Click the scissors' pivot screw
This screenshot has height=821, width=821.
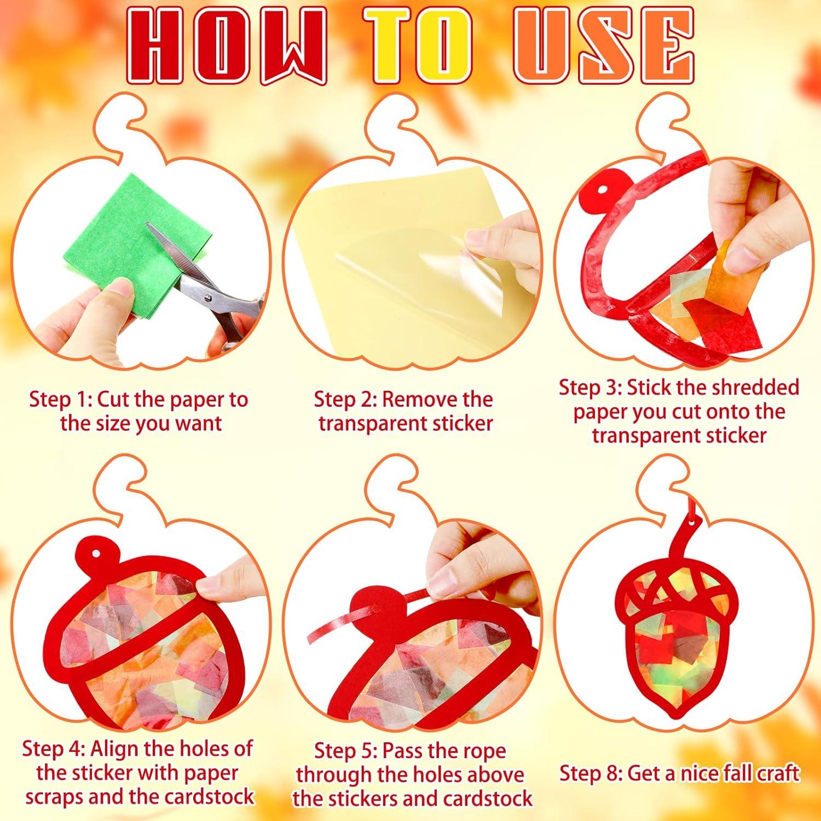click(208, 297)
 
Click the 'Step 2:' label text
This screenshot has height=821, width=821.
click(346, 400)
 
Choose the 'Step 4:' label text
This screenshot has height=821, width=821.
click(55, 748)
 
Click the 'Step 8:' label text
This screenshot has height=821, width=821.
click(591, 773)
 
